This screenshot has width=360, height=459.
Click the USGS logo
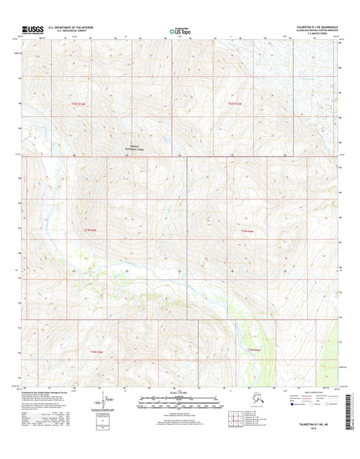click(32, 29)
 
